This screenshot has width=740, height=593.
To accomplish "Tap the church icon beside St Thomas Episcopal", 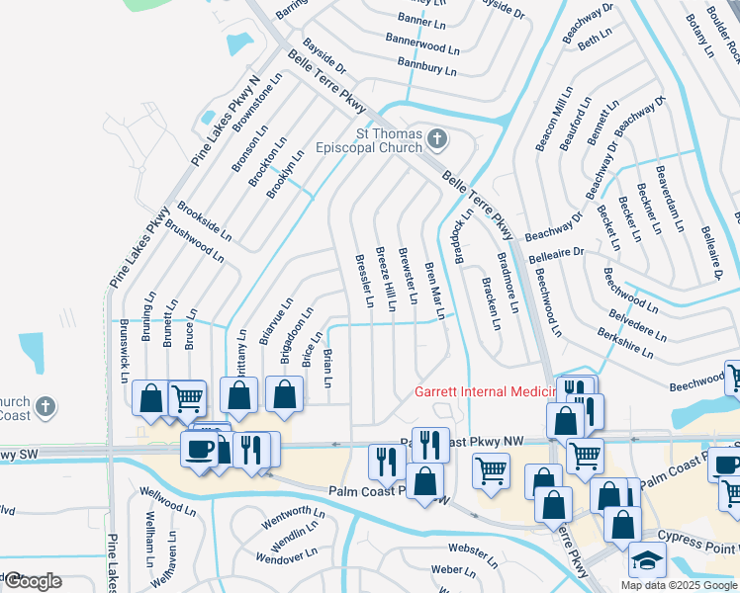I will (437, 138).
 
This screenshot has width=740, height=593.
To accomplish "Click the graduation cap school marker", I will (647, 559).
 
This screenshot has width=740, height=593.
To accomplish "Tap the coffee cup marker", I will (199, 449).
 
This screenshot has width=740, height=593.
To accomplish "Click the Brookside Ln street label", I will (205, 222).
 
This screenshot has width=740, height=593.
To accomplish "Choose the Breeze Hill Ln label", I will (384, 276).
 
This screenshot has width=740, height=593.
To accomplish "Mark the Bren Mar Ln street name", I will (434, 291).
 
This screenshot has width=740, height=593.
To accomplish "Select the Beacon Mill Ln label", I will (554, 119).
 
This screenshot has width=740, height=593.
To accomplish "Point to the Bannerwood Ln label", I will (429, 45).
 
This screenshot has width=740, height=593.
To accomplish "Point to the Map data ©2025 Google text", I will (678, 585).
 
